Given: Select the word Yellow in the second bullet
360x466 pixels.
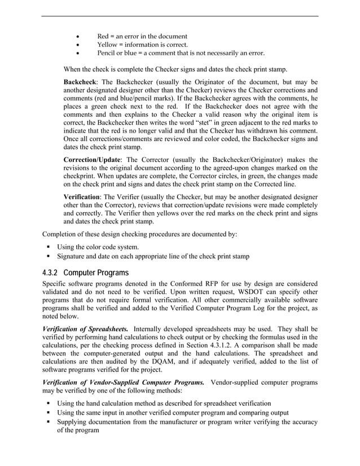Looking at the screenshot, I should [107, 44].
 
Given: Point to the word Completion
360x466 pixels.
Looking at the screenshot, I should [62, 233].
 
